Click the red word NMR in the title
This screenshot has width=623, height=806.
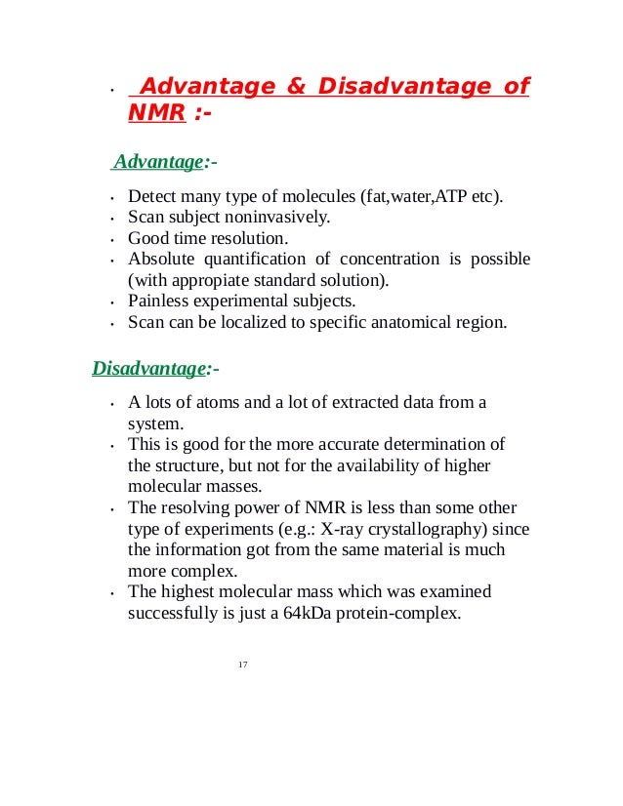coord(156,113)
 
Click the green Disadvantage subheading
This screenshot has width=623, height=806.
coord(150,369)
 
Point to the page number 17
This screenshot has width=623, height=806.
coord(243,664)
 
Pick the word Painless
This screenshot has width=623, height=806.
coord(159,300)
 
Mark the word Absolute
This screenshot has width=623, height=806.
coord(160,259)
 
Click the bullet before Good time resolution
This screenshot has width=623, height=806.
coord(114,239)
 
